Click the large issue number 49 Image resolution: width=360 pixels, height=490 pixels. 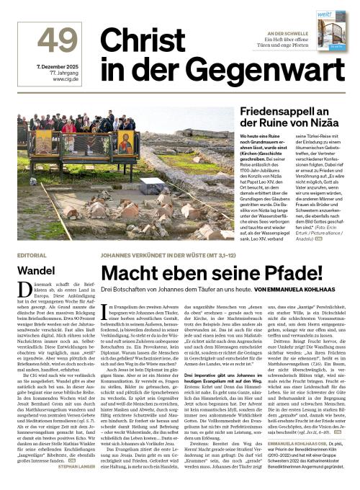point(57,42)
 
